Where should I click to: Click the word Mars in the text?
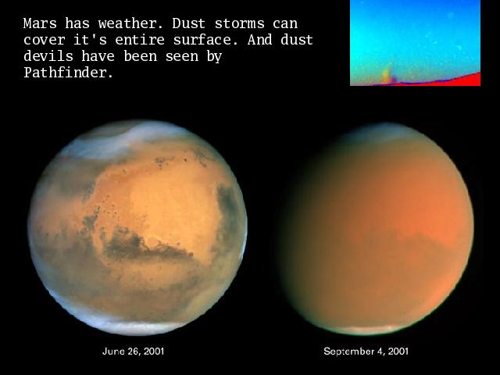40,23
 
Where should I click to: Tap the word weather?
130,23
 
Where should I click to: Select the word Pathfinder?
68,73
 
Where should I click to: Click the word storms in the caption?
240,23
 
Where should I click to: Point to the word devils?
48,56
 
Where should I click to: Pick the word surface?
205,40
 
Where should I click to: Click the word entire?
140,40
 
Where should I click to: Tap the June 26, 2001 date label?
134,352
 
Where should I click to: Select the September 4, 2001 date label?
366,352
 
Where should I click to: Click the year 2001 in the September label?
398,352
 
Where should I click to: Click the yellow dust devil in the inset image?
386,75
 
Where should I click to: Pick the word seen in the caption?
181,56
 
